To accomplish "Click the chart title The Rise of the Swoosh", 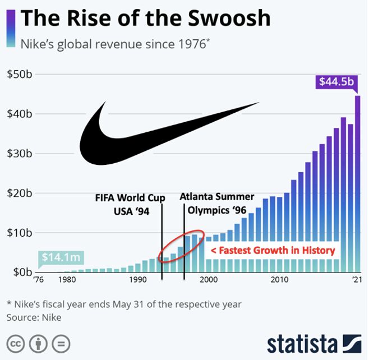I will coord(145,18).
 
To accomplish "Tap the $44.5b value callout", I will coord(336,82).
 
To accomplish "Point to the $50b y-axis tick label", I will coord(19,75).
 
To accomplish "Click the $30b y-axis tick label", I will coord(19,154).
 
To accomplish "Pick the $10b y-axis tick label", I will coord(19,233).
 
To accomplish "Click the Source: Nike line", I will coord(34,318).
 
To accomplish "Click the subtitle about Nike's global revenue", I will coord(116,44).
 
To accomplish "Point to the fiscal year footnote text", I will coord(123,304).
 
